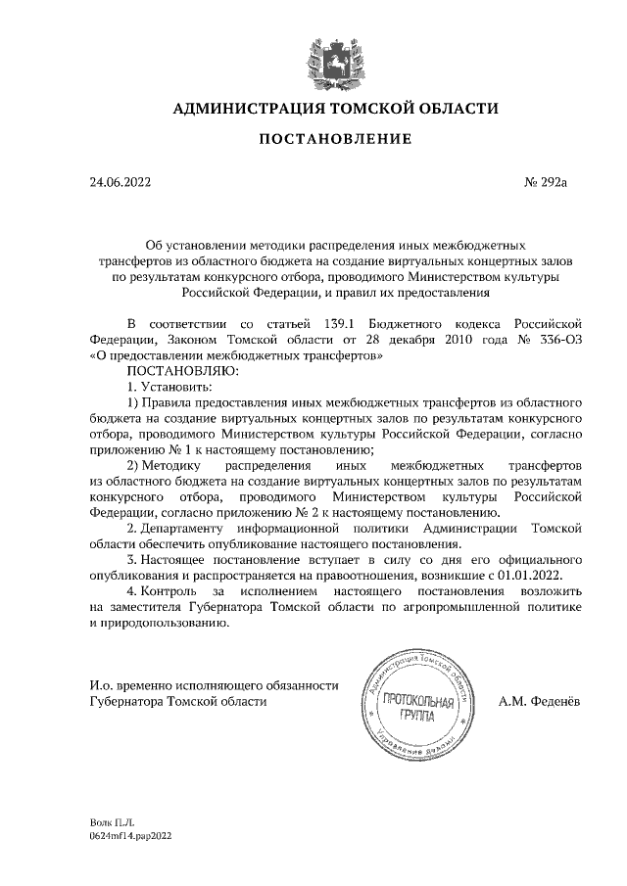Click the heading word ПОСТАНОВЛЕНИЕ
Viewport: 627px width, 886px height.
(x=334, y=141)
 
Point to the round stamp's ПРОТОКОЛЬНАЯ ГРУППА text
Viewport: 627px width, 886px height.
(x=418, y=709)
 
